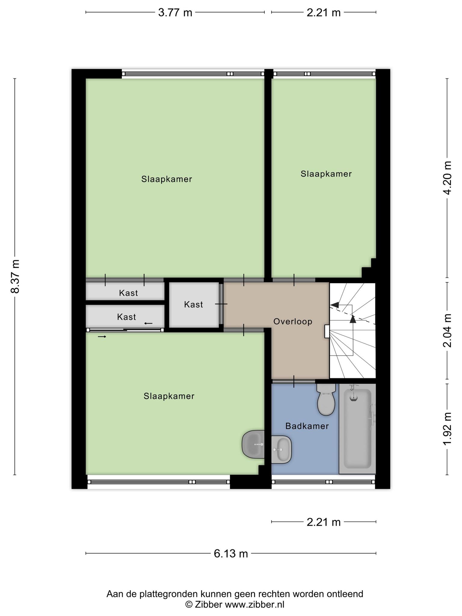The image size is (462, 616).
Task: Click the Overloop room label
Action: click(x=293, y=322)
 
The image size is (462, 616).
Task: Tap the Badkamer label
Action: click(x=307, y=426)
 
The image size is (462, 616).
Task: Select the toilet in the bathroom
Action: click(x=326, y=400)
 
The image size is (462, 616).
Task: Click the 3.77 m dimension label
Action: click(x=175, y=13)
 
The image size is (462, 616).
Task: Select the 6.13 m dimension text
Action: click(x=231, y=553)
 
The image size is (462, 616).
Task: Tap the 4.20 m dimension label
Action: click(x=447, y=178)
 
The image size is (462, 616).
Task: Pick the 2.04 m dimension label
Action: click(x=447, y=330)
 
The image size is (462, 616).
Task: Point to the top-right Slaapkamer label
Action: click(x=326, y=174)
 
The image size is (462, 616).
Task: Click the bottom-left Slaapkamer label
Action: click(x=169, y=396)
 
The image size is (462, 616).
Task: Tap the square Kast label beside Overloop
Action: click(x=193, y=305)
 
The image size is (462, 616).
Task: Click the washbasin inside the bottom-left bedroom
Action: click(x=253, y=444)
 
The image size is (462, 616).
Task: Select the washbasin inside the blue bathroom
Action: click(x=281, y=449)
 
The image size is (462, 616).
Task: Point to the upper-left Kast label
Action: click(x=128, y=293)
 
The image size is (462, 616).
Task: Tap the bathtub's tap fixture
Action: click(x=354, y=393)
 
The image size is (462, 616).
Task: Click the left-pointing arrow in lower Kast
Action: click(x=148, y=323)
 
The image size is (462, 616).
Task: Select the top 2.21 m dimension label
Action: click(x=324, y=13)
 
